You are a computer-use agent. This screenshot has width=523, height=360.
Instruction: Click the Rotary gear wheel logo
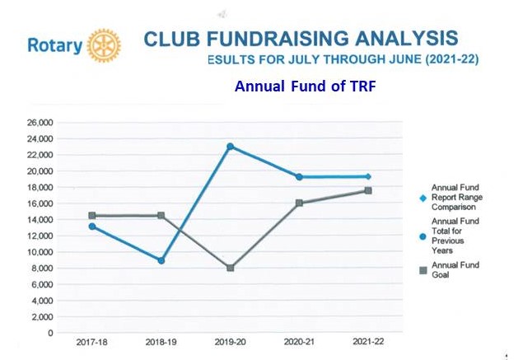click(x=104, y=45)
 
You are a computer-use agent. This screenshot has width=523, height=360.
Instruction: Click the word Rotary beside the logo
click(x=54, y=46)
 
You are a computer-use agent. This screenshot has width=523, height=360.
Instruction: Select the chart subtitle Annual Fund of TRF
click(x=305, y=86)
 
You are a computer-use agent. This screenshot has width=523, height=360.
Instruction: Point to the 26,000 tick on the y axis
click(x=40, y=123)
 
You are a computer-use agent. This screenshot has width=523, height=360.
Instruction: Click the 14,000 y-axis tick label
click(x=40, y=219)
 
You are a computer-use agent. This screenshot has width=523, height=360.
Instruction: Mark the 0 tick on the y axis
click(x=50, y=333)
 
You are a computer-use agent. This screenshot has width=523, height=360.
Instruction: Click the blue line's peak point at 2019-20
click(x=231, y=147)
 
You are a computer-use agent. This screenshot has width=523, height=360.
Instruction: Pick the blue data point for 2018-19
click(x=161, y=260)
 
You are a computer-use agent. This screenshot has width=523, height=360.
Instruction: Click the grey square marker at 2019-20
click(x=231, y=268)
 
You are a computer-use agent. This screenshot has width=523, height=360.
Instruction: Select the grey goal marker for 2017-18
click(x=92, y=216)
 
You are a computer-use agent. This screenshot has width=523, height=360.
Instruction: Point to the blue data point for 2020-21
click(x=299, y=177)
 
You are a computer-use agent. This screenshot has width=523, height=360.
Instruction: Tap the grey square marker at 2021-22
click(x=368, y=191)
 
